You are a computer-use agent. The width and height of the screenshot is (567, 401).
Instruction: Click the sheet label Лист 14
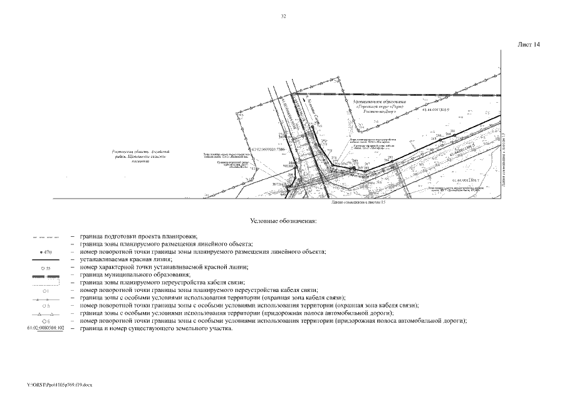tap(529, 44)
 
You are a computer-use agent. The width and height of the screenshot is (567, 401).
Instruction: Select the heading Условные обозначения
tap(283, 221)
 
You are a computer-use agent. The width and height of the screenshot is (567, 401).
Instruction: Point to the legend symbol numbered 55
tap(44, 268)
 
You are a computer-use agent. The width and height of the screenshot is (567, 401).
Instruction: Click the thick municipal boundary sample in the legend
tap(44, 275)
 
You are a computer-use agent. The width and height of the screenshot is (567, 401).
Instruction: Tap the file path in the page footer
tap(60, 384)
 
